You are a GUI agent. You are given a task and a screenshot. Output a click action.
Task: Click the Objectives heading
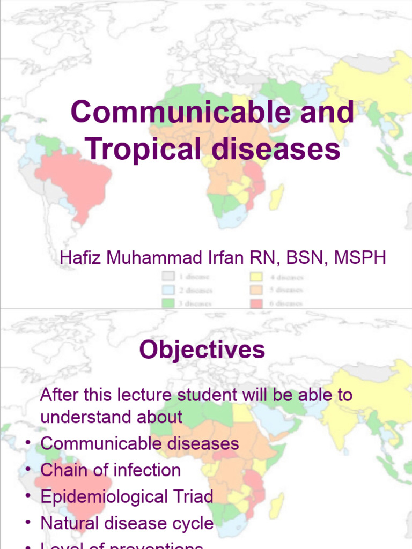pos(202,350)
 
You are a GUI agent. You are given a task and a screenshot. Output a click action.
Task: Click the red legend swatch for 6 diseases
pos(256,303)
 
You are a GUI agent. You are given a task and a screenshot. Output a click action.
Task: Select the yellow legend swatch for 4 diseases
pos(256,277)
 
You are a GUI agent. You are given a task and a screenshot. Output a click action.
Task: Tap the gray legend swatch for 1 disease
pos(168,277)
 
